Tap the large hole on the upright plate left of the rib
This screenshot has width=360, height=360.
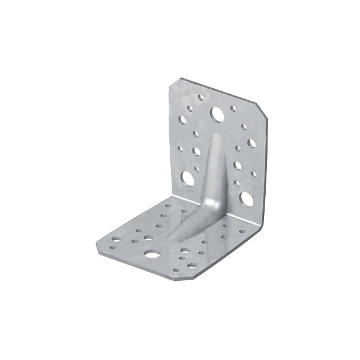(x=188, y=178)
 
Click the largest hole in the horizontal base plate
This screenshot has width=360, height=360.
(x=152, y=254)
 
